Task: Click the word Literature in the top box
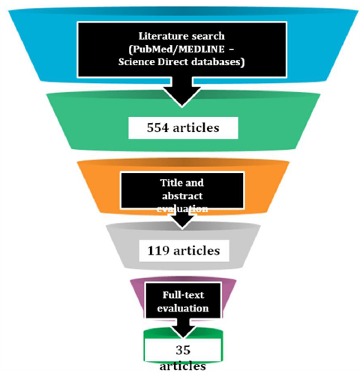pyautogui.click(x=160, y=36)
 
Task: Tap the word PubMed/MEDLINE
pyautogui.click(x=176, y=49)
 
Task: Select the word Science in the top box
pyautogui.click(x=136, y=61)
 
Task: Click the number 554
pyautogui.click(x=157, y=128)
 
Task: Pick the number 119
pyautogui.click(x=158, y=251)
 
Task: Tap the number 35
pyautogui.click(x=183, y=350)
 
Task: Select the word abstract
pyautogui.click(x=182, y=196)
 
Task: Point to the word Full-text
pyautogui.click(x=183, y=295)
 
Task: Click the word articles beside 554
pyautogui.click(x=196, y=128)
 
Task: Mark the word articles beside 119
pyautogui.click(x=196, y=251)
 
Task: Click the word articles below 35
pyautogui.click(x=183, y=366)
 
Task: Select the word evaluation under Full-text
pyautogui.click(x=183, y=308)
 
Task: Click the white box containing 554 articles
pyautogui.click(x=183, y=128)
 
